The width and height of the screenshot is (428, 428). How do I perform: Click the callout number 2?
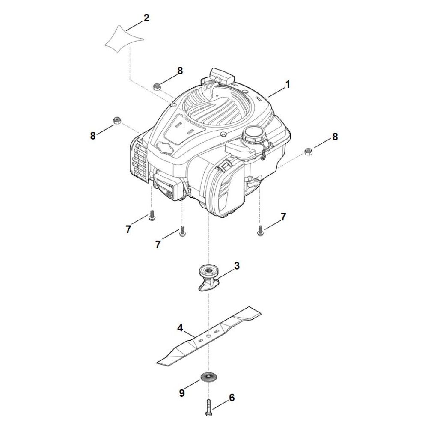pyautogui.click(x=146, y=18)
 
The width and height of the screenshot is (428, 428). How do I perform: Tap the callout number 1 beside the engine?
pyautogui.click(x=288, y=84)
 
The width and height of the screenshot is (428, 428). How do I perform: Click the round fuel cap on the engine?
pyautogui.click(x=253, y=134)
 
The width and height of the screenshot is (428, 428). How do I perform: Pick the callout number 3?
pyautogui.click(x=237, y=266)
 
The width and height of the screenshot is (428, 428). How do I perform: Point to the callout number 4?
pyautogui.click(x=180, y=328)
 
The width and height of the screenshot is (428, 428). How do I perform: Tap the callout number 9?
pyautogui.click(x=182, y=393)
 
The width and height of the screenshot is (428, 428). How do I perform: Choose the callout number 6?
pyautogui.click(x=232, y=398)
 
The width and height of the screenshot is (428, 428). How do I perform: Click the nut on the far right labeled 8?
pyautogui.click(x=308, y=151)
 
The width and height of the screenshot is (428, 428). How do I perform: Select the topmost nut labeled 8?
pyautogui.click(x=157, y=87)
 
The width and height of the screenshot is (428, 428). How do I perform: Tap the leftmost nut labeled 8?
pyautogui.click(x=117, y=120)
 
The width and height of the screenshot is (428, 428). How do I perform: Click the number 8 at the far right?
pyautogui.click(x=335, y=137)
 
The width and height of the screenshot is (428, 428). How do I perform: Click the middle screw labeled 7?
pyautogui.click(x=182, y=231)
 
